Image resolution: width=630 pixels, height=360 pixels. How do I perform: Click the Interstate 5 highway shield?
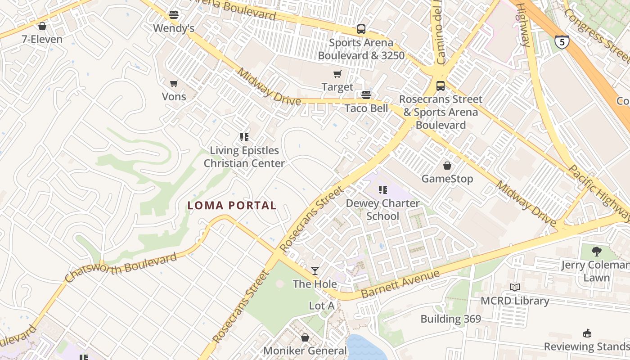(562, 42)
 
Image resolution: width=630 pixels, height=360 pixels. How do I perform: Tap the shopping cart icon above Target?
(337, 74)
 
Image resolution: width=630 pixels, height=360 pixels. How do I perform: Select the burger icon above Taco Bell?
(366, 95)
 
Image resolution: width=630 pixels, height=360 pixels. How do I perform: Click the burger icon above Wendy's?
(174, 15)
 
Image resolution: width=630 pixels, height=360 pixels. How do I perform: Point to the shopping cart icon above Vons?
(174, 83)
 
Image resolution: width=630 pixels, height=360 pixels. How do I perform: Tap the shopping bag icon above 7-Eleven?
(42, 26)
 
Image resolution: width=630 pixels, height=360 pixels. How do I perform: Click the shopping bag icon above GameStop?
(447, 166)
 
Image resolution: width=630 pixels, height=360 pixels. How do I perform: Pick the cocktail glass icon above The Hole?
(315, 271)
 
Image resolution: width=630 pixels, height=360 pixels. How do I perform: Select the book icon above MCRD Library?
(515, 287)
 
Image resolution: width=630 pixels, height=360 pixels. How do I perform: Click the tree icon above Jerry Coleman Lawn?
(597, 251)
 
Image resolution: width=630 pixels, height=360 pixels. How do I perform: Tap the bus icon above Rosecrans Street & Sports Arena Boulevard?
(441, 85)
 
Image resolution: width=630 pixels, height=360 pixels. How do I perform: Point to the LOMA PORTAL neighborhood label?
(232, 206)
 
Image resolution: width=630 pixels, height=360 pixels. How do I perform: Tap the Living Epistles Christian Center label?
(244, 157)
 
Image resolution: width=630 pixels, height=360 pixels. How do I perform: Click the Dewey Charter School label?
(382, 210)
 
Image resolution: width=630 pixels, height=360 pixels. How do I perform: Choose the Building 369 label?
(450, 319)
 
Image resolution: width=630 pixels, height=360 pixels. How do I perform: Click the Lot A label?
(322, 306)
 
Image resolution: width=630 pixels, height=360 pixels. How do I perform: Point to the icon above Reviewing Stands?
(587, 333)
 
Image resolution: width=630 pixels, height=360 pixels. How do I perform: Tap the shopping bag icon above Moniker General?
(305, 337)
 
